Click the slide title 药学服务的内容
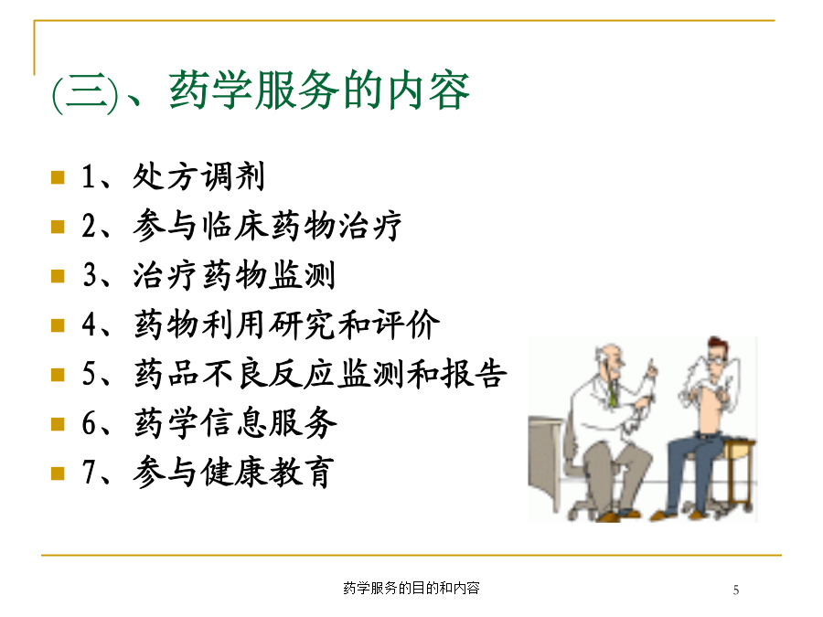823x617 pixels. coord(319,90)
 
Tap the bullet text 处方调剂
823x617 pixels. coord(198,176)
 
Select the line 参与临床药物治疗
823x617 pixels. coord(267,226)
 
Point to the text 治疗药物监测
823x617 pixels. coord(233,275)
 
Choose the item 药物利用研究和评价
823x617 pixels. coord(286,324)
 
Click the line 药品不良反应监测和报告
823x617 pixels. coord(320,374)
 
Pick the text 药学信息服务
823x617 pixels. coord(235,423)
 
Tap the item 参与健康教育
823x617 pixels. coord(233,473)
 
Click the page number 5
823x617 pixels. coord(736,590)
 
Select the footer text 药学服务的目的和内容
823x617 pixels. coord(411,588)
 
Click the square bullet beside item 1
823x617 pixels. coord(58,177)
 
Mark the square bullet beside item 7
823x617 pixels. coord(58,473)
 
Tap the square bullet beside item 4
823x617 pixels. coord(58,325)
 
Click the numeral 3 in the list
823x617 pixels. coord(90,275)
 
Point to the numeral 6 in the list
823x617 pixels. coord(89,423)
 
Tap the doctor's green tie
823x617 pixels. coord(612,395)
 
